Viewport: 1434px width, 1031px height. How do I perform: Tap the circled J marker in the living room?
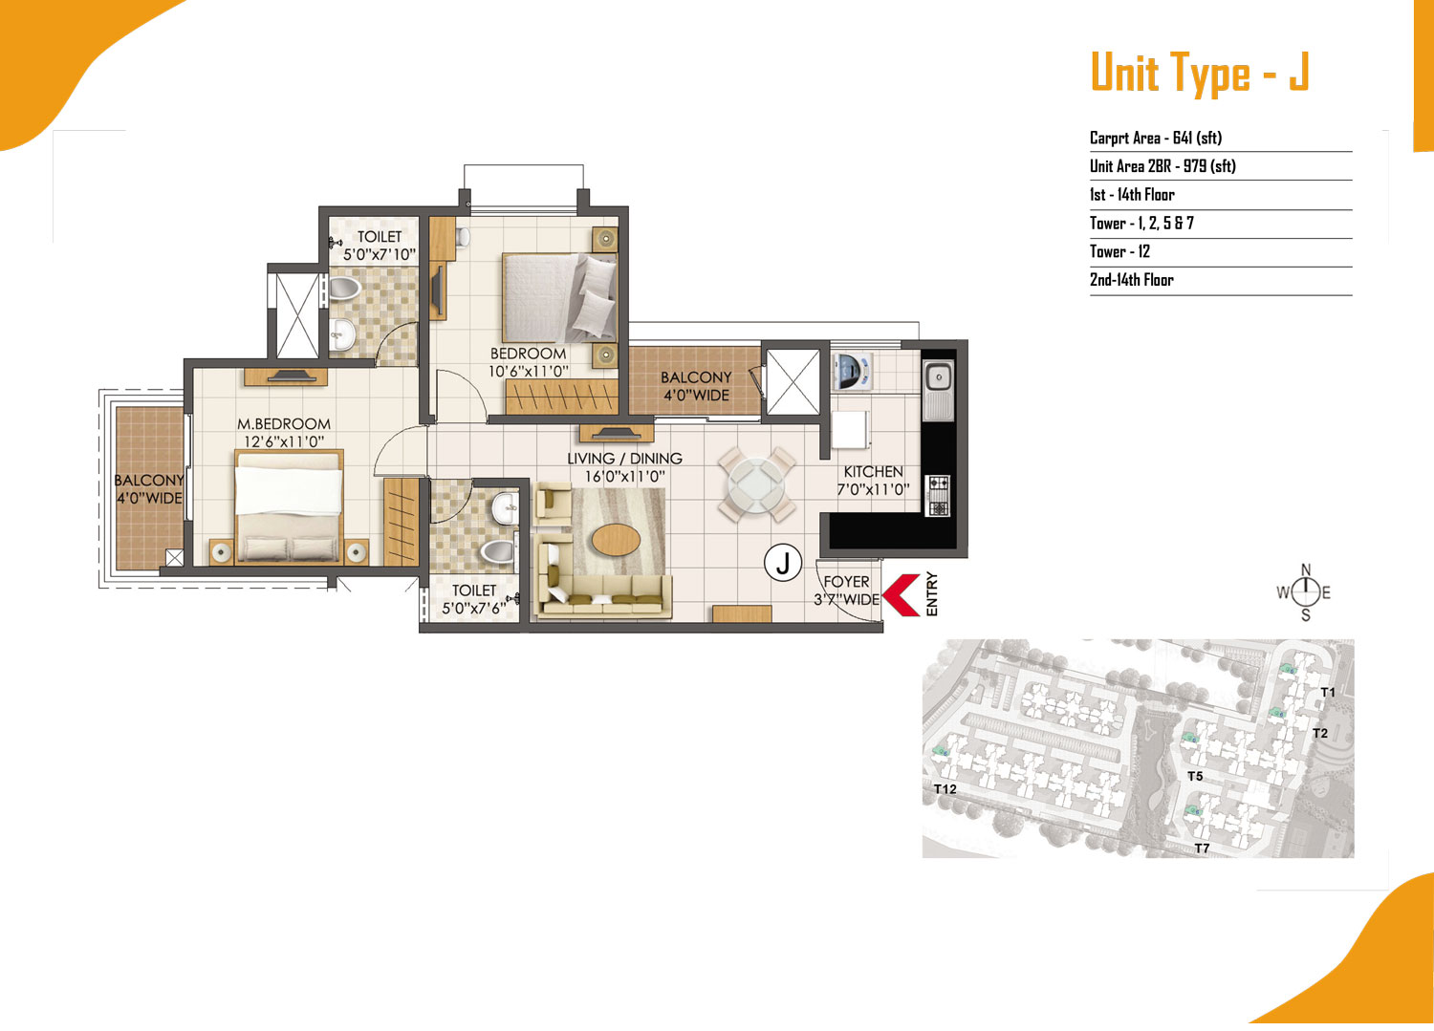tap(783, 563)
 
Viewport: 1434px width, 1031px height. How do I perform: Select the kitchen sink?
tap(939, 390)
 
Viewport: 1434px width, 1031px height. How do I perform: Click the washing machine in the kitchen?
tap(852, 371)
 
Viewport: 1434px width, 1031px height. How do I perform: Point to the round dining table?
tap(756, 483)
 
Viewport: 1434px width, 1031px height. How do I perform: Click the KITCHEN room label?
tap(873, 472)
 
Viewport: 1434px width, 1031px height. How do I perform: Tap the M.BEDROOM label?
tap(284, 423)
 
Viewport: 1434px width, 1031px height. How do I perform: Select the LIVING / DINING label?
tap(624, 459)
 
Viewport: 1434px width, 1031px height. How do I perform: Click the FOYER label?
tap(846, 582)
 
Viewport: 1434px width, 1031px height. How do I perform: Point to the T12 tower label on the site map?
tap(945, 789)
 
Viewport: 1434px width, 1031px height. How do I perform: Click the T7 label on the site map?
tap(1203, 848)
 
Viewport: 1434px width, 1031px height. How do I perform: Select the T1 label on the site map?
tap(1329, 693)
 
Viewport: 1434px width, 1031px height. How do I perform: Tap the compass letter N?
tap(1306, 569)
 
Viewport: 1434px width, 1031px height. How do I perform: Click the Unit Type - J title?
tap(1201, 73)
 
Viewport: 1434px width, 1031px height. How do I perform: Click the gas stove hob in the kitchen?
tap(939, 495)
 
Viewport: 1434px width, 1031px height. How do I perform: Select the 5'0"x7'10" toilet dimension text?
tap(380, 255)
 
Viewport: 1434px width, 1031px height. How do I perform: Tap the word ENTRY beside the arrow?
tap(932, 594)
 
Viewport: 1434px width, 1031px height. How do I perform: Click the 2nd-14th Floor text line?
tap(1132, 280)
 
